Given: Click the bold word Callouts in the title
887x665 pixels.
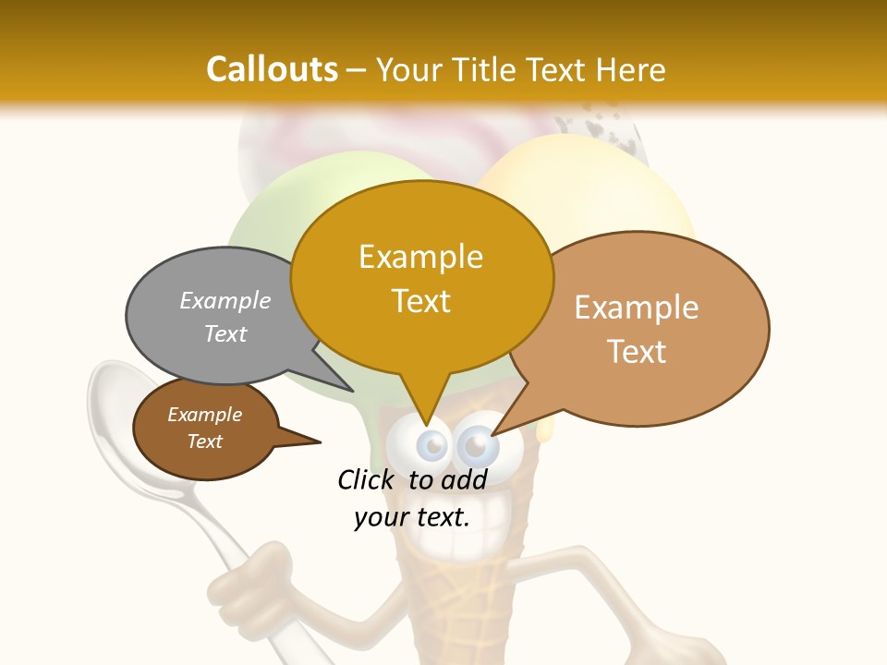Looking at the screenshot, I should [x=272, y=69].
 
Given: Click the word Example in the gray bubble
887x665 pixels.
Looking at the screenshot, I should [x=225, y=301].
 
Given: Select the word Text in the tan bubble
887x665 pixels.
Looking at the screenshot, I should [x=637, y=352].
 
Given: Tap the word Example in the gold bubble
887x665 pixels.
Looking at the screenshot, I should [x=420, y=257].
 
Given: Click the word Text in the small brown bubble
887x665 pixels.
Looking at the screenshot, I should [x=205, y=441].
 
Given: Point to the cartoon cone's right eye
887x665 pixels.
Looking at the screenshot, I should [x=478, y=447].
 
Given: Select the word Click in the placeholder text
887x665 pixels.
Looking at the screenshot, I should [x=366, y=479].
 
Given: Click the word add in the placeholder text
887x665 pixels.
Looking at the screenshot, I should [x=464, y=479].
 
